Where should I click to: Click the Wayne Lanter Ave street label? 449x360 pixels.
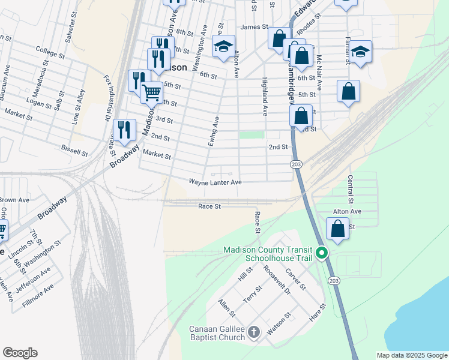pos(215,182)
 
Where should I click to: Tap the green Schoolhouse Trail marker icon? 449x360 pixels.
pos(322,253)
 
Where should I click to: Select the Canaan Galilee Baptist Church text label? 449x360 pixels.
pos(217,333)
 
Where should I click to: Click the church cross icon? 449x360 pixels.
pos(254,332)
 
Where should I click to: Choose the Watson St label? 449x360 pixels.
pos(279,322)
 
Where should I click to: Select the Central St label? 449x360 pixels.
pos(350,188)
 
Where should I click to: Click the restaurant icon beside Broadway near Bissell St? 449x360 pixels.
pos(124,130)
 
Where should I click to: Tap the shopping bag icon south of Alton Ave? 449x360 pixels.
pos(338,229)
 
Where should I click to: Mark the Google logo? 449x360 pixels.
pos(20,353)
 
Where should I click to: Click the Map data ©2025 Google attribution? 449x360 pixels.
pos(412,355)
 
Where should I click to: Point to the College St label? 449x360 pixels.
pos(50,52)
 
